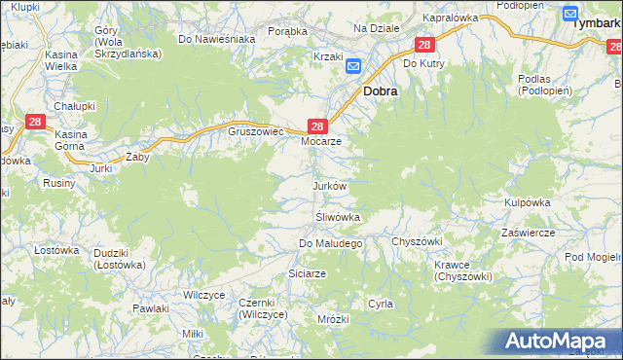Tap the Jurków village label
[328, 185]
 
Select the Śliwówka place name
[338, 217]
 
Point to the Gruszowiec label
[255, 130]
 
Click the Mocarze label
[320, 141]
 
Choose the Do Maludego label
[330, 243]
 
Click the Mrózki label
[333, 319]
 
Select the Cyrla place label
[380, 304]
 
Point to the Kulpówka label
[528, 201]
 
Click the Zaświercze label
[528, 234]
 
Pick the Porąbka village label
[287, 31]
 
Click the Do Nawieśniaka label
[216, 39]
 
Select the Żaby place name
[138, 156]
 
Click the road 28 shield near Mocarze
[316, 126]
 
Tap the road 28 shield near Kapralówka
[423, 45]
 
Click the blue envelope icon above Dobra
[353, 67]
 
